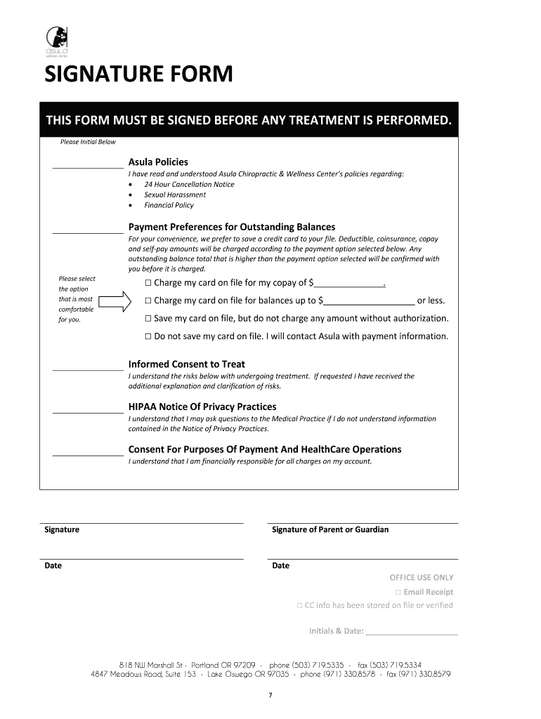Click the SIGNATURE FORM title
(138, 74)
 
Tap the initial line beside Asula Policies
(87, 167)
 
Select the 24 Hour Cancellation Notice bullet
(189, 184)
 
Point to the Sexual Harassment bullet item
(175, 194)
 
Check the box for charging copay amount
(148, 283)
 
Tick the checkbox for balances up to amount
(148, 301)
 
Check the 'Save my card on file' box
(148, 318)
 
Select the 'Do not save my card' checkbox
(148, 336)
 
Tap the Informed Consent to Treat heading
(186, 364)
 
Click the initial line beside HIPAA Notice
(88, 412)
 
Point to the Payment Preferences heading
(231, 227)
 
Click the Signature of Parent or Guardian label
(330, 529)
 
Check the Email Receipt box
(398, 592)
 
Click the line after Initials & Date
(412, 632)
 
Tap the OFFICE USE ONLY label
(422, 577)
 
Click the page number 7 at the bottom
(270, 695)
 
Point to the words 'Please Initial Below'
(88, 142)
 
